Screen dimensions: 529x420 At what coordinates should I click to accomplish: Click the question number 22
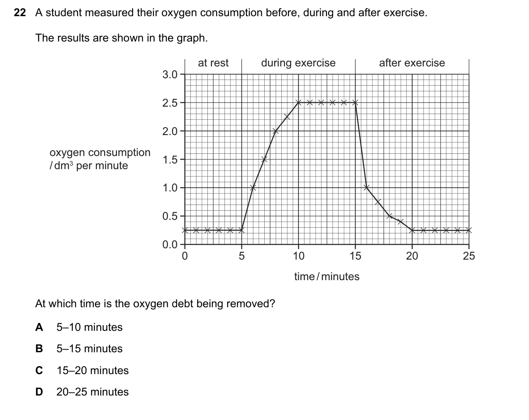(x=20, y=13)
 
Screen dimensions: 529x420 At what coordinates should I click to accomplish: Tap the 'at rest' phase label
(x=213, y=63)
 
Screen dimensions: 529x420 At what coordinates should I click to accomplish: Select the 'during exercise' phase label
(x=298, y=63)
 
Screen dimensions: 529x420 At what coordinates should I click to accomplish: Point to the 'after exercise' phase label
(x=412, y=63)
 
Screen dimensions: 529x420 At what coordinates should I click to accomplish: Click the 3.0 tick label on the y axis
(x=170, y=74)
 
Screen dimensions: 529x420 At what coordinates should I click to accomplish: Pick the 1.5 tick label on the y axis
(x=170, y=160)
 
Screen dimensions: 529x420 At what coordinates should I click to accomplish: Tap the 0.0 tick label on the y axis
(x=170, y=245)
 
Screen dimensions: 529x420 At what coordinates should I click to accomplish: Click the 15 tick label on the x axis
(x=355, y=256)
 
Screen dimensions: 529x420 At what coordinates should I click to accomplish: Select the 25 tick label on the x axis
(x=469, y=256)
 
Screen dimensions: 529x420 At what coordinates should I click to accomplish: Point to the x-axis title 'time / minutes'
(x=327, y=277)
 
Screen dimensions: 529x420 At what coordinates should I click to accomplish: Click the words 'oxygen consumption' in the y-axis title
(x=100, y=153)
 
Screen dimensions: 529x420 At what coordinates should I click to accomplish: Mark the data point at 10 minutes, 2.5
(x=298, y=102)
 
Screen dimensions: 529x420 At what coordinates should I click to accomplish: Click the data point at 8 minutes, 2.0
(x=276, y=131)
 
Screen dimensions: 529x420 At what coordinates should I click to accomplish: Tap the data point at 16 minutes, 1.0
(x=367, y=187)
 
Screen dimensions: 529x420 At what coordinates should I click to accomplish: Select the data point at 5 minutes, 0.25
(x=242, y=230)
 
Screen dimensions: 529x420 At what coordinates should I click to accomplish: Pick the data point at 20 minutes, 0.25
(x=412, y=230)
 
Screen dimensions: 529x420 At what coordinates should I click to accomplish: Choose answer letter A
(x=39, y=327)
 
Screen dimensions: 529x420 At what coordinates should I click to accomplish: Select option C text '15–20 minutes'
(x=92, y=371)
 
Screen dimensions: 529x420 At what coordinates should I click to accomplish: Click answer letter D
(x=39, y=392)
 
